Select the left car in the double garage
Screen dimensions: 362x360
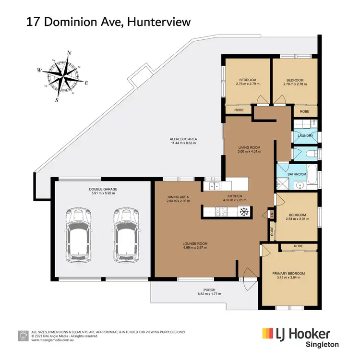79,235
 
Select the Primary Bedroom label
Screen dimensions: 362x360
288,273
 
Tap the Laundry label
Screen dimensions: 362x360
305,136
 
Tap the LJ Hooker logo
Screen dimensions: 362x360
296,333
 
